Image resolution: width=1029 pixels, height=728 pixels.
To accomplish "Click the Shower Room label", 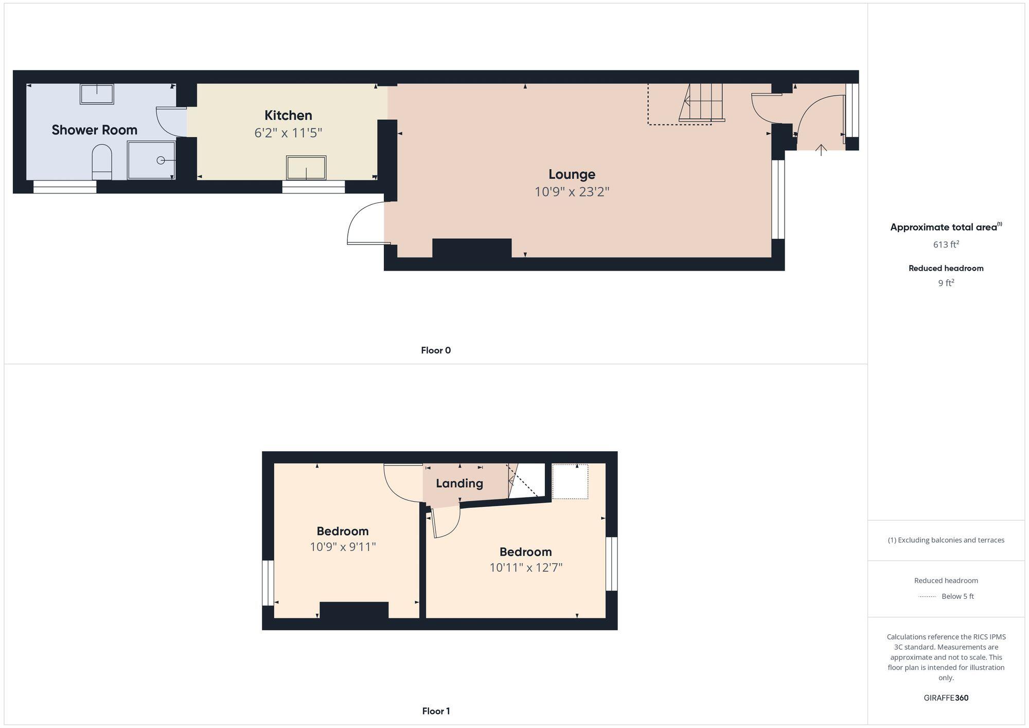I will (95, 130).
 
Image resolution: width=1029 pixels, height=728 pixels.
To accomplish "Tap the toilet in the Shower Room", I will (102, 161).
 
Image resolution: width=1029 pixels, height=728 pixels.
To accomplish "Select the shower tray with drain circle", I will (151, 160).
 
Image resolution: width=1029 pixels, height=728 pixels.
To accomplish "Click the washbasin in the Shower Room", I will (97, 94).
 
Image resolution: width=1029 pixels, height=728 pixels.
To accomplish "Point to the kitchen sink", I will (306, 168).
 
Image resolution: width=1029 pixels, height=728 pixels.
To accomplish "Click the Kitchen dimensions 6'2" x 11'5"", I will (288, 133).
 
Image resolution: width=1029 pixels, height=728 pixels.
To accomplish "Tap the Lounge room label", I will (572, 174).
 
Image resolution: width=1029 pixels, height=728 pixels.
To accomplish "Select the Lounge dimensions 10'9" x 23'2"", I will (572, 192).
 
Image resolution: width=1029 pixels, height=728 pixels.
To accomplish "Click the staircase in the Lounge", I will (702, 103).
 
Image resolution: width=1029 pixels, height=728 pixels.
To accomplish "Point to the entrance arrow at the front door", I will (821, 150).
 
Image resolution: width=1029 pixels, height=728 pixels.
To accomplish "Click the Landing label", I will (459, 484).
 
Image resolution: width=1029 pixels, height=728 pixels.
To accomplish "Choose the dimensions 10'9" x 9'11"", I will (343, 547).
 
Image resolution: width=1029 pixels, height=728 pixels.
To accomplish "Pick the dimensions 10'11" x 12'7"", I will (525, 568).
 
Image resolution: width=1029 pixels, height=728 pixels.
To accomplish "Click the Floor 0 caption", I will (436, 350).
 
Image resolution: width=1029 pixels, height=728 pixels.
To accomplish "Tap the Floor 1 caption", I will (436, 711).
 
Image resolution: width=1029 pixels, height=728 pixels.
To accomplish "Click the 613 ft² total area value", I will (946, 244).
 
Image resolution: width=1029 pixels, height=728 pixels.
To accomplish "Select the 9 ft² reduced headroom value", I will (946, 283).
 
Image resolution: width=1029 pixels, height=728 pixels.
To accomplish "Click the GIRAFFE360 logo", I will (946, 698).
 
